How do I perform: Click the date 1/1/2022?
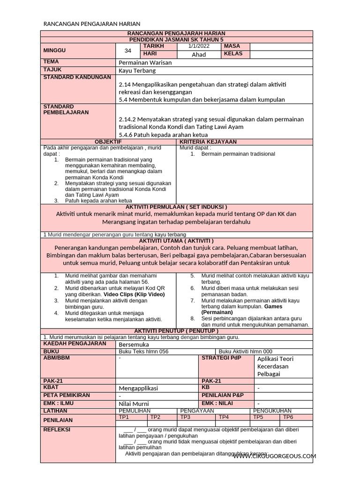pyautogui.click(x=199, y=46)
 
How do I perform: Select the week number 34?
pyautogui.click(x=128, y=51)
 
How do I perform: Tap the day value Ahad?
pyautogui.click(x=199, y=54)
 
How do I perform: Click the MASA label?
pyautogui.click(x=232, y=46)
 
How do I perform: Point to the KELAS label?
pyautogui.click(x=233, y=54)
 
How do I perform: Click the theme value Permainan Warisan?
pyautogui.click(x=145, y=62)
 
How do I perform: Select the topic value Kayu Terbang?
pyautogui.click(x=137, y=70)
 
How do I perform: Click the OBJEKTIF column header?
pyautogui.click(x=108, y=142)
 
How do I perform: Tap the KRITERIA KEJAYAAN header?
pyautogui.click(x=208, y=142)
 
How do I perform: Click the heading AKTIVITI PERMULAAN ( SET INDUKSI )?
pyautogui.click(x=177, y=207)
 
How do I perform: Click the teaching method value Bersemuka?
pyautogui.click(x=133, y=344)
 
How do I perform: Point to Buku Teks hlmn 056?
pyautogui.click(x=143, y=352)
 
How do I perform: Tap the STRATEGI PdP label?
pyautogui.click(x=221, y=358)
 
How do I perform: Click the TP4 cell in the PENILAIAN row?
pyautogui.click(x=224, y=417)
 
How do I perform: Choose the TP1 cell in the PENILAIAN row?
pyautogui.click(x=124, y=417)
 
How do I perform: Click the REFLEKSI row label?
pyautogui.click(x=57, y=429)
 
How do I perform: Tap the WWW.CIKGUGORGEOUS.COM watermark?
pyautogui.click(x=275, y=456)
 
